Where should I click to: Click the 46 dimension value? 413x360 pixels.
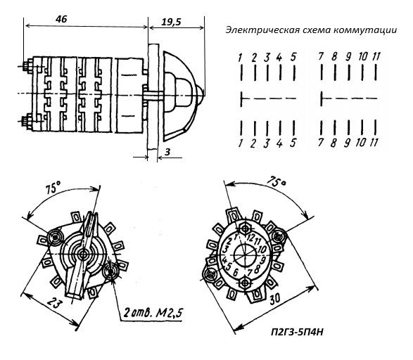tap(61, 19)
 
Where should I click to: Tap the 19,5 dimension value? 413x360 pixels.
tap(171, 22)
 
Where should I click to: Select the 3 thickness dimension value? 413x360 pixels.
tap(167, 152)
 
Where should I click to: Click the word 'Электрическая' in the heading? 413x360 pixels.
tap(262, 30)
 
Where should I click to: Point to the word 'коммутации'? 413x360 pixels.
tap(364, 30)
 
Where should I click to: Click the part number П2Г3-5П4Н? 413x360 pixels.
tap(297, 333)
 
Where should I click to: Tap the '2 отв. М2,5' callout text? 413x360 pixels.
tap(153, 313)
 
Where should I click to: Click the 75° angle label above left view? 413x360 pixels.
tap(53, 188)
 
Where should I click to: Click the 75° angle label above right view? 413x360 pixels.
tap(276, 181)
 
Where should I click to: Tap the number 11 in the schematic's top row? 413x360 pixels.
tap(376, 56)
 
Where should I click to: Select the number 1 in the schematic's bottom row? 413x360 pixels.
tap(240, 143)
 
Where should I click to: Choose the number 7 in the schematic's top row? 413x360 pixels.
tap(321, 56)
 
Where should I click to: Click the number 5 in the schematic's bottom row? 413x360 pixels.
tap(293, 143)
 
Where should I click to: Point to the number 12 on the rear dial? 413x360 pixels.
tap(250, 238)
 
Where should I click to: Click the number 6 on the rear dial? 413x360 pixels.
tap(236, 272)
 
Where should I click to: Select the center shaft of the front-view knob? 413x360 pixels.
tap(84, 255)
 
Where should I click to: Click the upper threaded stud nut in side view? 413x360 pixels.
tap(28, 66)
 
